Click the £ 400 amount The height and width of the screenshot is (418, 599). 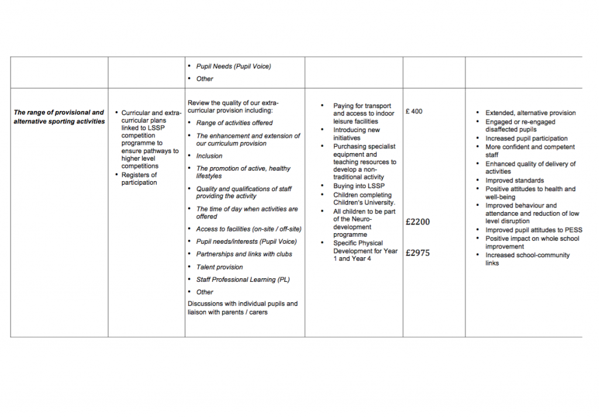pyautogui.click(x=414, y=112)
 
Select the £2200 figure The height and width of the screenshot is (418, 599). pyautogui.click(x=417, y=222)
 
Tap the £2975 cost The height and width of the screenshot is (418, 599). pyautogui.click(x=417, y=253)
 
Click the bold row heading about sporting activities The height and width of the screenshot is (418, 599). pyautogui.click(x=58, y=117)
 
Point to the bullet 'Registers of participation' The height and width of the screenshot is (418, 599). pyautogui.click(x=139, y=178)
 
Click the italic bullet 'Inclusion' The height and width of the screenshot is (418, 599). pyautogui.click(x=209, y=156)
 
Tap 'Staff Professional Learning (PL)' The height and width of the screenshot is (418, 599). pyautogui.click(x=243, y=279)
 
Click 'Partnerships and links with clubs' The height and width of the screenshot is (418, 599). pyautogui.click(x=244, y=254)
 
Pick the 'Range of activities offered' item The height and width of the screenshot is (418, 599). pyautogui.click(x=234, y=123)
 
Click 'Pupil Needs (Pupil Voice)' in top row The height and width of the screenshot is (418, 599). pyautogui.click(x=233, y=66)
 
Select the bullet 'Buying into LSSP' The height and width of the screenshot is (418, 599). pyautogui.click(x=359, y=186)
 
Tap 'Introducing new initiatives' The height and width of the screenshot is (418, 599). pyautogui.click(x=356, y=134)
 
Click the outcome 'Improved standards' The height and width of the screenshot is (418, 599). pyautogui.click(x=514, y=181)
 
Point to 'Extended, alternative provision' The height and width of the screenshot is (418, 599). pyautogui.click(x=530, y=113)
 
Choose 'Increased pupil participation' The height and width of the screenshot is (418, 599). pyautogui.click(x=526, y=139)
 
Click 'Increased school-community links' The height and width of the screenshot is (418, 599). pyautogui.click(x=527, y=259)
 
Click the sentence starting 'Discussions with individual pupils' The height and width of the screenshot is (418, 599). pyautogui.click(x=242, y=308)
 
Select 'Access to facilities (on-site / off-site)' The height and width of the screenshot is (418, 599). pyautogui.click(x=249, y=229)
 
